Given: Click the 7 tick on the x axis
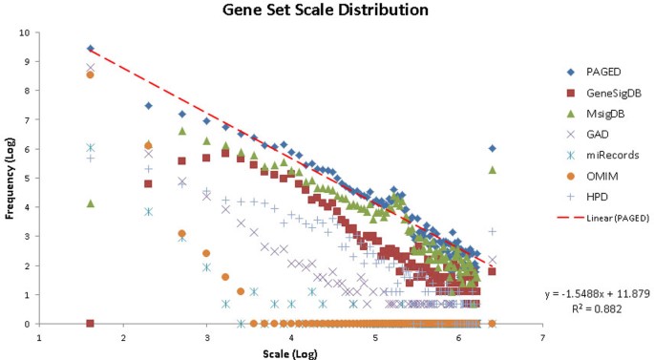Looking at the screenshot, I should click(x=542, y=337).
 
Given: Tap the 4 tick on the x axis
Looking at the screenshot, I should click(x=290, y=337).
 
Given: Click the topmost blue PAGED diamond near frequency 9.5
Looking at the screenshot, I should click(x=91, y=48).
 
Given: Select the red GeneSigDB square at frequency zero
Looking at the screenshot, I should click(x=91, y=324).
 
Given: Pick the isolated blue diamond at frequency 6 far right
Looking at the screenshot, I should click(x=492, y=148).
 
